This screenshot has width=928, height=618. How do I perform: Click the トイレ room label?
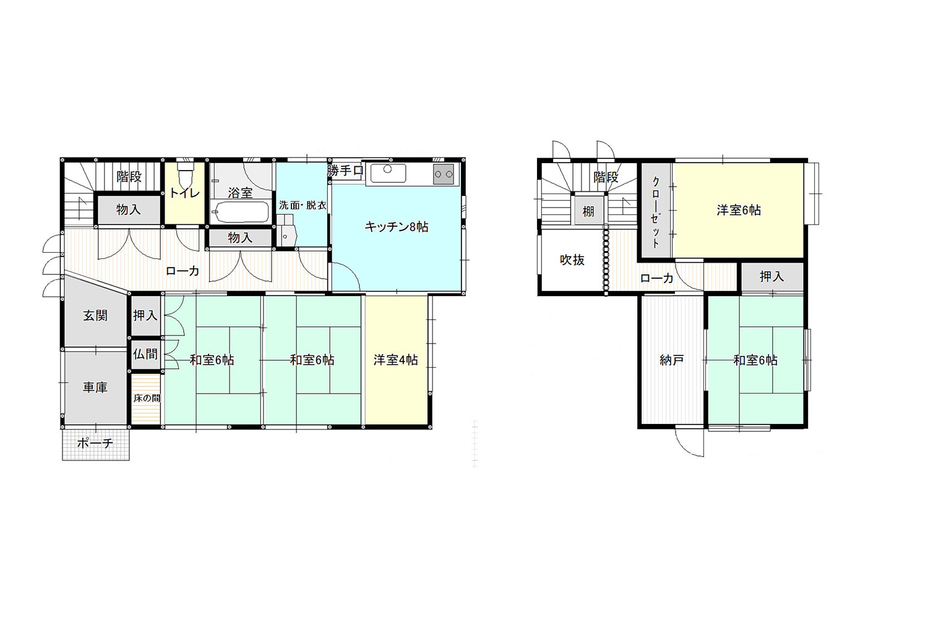pyautogui.click(x=185, y=192)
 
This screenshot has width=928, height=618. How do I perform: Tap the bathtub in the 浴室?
pyautogui.click(x=240, y=213)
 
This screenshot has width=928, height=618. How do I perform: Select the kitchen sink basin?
pyautogui.click(x=388, y=173)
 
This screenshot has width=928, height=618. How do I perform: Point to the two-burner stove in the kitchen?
pyautogui.click(x=444, y=174)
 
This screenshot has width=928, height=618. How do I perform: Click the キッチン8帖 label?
pyautogui.click(x=396, y=227)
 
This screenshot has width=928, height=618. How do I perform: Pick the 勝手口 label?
pyautogui.click(x=345, y=171)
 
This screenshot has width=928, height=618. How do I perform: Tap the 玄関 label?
pyautogui.click(x=95, y=315)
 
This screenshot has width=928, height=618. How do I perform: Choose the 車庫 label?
pyautogui.click(x=95, y=387)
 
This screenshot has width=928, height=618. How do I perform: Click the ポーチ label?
pyautogui.click(x=95, y=443)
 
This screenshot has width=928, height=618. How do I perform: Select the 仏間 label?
pyautogui.click(x=145, y=354)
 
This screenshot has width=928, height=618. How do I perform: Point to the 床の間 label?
pyautogui.click(x=147, y=398)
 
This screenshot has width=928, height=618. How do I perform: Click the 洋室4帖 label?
pyautogui.click(x=396, y=360)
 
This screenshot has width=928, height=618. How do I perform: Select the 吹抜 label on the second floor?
pyautogui.click(x=572, y=260)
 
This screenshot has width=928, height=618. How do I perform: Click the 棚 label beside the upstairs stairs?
pyautogui.click(x=588, y=211)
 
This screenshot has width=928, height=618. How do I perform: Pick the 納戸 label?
pyautogui.click(x=671, y=360)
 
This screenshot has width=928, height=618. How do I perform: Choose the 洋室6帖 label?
pyautogui.click(x=739, y=210)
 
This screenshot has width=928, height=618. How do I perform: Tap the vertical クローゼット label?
pyautogui.click(x=656, y=212)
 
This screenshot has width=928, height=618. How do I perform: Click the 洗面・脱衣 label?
pyautogui.click(x=303, y=205)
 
